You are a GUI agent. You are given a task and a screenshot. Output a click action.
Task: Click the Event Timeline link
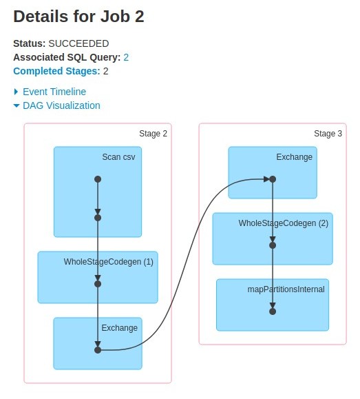click(54, 92)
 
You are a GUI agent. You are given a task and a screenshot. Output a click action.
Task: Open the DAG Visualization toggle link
click(61, 105)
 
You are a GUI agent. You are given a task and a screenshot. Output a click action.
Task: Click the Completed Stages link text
click(56, 71)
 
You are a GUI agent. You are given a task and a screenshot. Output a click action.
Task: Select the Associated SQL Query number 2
click(126, 57)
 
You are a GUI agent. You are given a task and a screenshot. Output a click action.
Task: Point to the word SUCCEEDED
click(78, 43)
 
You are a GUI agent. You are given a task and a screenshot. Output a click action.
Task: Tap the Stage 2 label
click(153, 134)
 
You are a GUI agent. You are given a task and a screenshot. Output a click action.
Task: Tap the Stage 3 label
click(328, 134)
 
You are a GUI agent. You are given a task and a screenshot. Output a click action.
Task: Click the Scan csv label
click(118, 157)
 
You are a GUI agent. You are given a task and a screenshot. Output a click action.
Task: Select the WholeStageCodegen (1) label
click(108, 262)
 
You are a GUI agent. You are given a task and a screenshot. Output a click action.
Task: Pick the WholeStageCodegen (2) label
click(283, 223)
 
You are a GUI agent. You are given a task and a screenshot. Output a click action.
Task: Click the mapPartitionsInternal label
click(286, 289)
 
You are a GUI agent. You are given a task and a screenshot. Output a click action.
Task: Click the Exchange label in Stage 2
click(120, 328)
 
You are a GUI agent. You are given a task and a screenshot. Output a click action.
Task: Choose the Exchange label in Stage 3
click(295, 157)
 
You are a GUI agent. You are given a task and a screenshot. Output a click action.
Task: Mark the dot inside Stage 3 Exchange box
click(273, 179)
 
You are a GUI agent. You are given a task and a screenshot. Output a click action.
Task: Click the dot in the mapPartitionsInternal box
click(273, 311)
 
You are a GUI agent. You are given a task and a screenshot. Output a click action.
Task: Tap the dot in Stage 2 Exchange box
click(98, 350)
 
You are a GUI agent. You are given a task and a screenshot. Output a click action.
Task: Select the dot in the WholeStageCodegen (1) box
click(98, 284)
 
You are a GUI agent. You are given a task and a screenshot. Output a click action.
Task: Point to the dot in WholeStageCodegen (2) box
click(273, 245)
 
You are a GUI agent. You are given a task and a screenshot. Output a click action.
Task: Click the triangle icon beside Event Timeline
click(16, 92)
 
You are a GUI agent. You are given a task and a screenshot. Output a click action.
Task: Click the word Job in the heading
click(115, 17)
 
